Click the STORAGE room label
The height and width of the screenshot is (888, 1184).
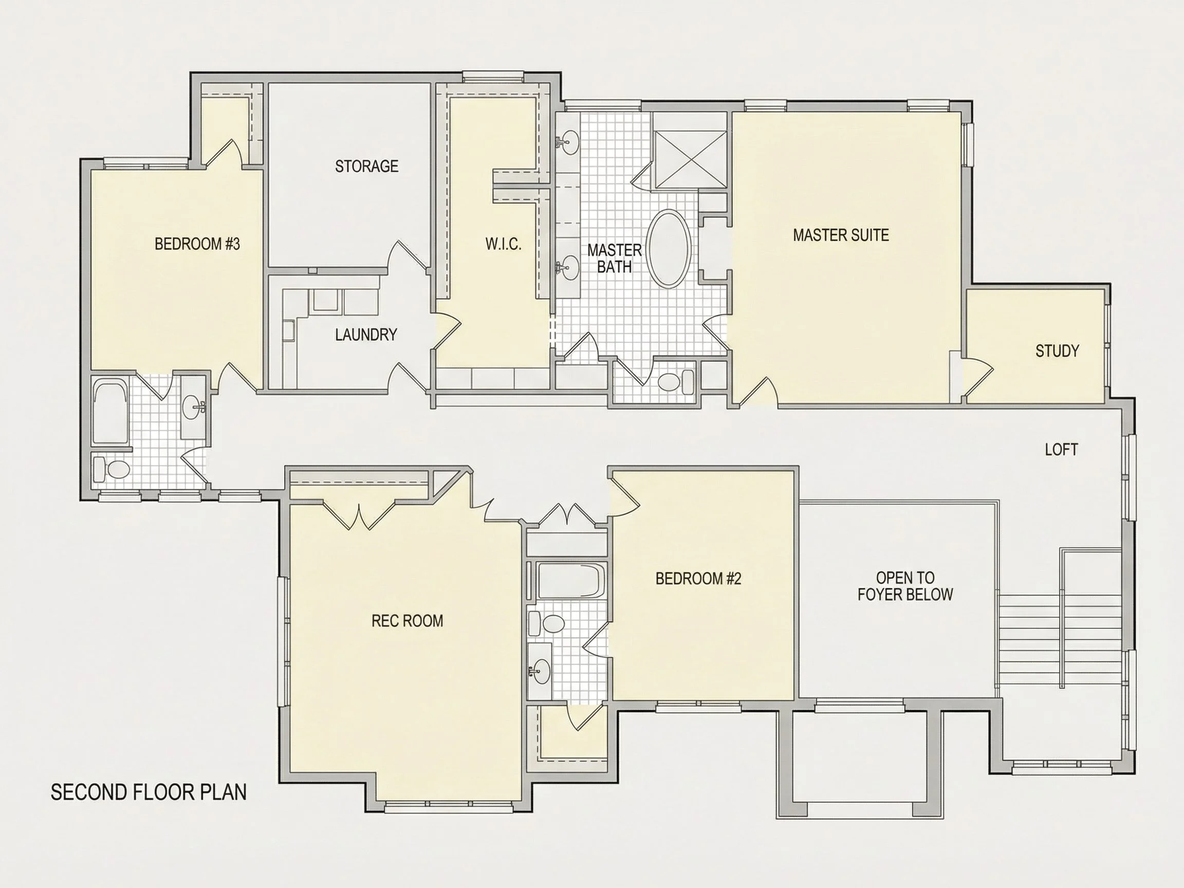(x=366, y=166)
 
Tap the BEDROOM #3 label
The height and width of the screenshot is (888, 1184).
(x=197, y=244)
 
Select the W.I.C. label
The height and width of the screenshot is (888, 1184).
(x=503, y=244)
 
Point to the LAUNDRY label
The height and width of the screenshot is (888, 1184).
(x=366, y=335)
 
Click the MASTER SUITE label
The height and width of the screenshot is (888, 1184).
(x=841, y=235)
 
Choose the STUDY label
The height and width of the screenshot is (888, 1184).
(x=1057, y=351)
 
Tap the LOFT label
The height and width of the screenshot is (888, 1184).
(x=1061, y=450)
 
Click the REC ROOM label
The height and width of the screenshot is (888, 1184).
(x=408, y=621)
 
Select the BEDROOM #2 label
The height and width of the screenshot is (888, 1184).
(x=698, y=579)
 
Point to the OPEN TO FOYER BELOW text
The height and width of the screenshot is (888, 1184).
(x=905, y=586)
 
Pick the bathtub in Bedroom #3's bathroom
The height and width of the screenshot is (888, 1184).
(x=111, y=411)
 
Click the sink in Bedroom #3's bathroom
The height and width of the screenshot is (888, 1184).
(x=194, y=409)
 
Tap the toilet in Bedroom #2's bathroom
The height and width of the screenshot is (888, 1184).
(x=548, y=623)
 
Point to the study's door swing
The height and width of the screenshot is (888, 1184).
(x=978, y=378)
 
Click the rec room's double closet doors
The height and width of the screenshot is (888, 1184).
(x=359, y=514)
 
